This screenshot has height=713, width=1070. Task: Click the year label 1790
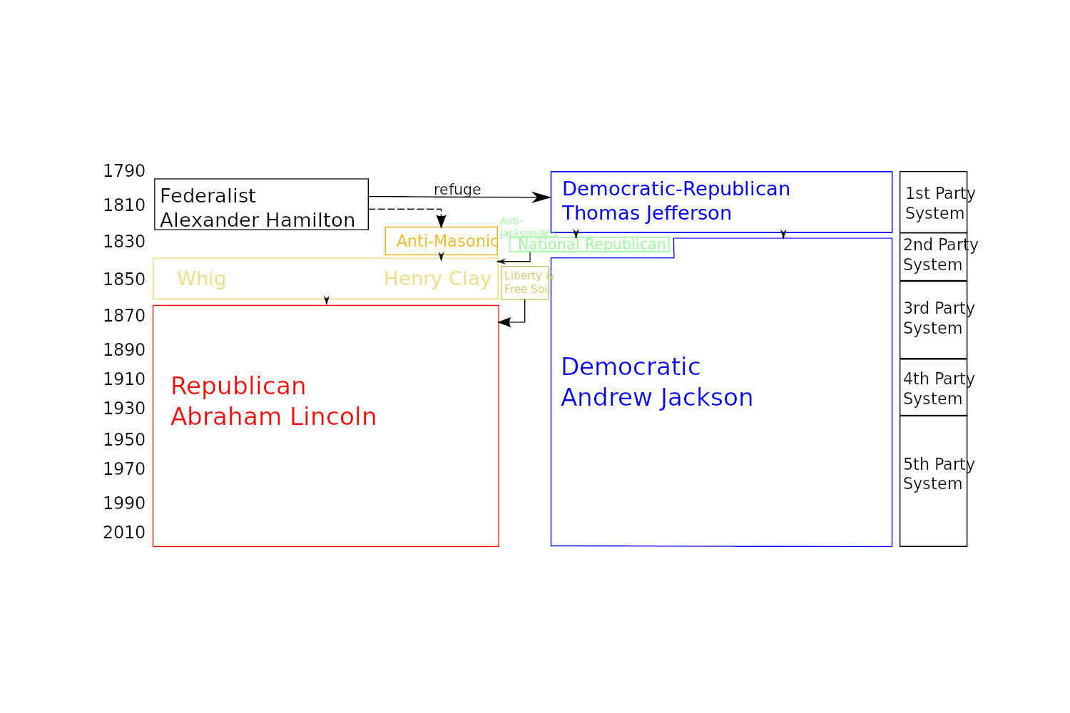tap(124, 171)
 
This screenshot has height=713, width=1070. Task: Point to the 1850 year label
tap(124, 279)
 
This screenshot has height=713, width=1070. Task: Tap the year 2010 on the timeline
tap(124, 533)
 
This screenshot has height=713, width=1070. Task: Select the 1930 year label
tap(124, 409)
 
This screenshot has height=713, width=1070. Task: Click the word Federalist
tap(208, 196)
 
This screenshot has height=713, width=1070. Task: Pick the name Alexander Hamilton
tap(258, 220)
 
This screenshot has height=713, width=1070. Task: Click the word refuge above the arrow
tap(457, 190)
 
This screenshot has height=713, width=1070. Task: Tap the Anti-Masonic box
tap(441, 241)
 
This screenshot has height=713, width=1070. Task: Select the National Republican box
tap(590, 245)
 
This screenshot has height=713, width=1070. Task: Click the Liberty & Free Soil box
tap(525, 283)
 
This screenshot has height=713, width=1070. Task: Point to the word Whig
tap(201, 279)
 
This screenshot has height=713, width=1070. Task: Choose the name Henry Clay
tap(437, 279)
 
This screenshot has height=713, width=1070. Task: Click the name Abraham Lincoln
tap(273, 417)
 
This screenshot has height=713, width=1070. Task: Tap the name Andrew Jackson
tap(657, 398)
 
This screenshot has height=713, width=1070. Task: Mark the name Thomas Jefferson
tap(646, 213)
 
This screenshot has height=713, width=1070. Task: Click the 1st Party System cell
tap(933, 202)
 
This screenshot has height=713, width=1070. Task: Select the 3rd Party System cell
tap(933, 319)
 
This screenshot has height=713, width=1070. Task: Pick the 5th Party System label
tap(938, 473)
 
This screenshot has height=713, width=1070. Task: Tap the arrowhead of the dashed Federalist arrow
tap(441, 222)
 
